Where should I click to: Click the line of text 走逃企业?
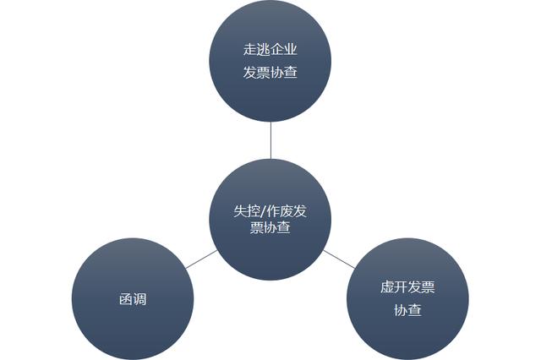click(270, 49)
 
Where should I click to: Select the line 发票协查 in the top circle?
click(270, 73)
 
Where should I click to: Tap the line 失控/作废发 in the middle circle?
click(270, 211)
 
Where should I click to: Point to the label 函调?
click(133, 299)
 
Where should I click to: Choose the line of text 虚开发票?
click(407, 287)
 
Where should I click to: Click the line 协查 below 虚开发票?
click(407, 310)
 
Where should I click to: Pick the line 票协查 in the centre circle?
click(270, 227)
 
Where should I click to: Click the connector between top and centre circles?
click(270, 140)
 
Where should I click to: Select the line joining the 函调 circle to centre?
click(201, 259)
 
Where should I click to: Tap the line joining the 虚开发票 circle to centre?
click(339, 259)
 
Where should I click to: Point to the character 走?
click(250, 49)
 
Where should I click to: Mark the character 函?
click(126, 299)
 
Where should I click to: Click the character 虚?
click(387, 287)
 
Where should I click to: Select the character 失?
click(240, 211)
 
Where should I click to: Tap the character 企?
click(277, 49)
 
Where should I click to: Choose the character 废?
click(287, 211)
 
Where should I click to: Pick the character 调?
click(139, 299)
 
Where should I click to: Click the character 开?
click(401, 287)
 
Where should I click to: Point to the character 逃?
click(264, 49)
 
